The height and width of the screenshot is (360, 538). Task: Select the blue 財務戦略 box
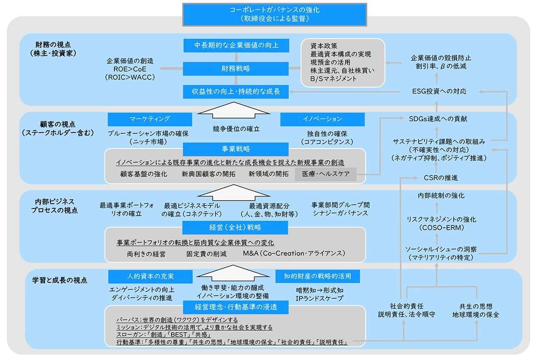pos(236,68)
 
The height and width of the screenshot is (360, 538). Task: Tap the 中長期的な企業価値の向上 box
pos(236,45)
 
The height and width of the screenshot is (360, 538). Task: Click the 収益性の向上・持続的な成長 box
pos(236,91)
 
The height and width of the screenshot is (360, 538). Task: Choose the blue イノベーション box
pos(322,119)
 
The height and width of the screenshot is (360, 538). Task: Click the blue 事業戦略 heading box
pos(236,149)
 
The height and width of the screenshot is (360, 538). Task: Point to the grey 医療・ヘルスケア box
pos(326,174)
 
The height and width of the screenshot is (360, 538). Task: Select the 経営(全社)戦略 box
pos(236,227)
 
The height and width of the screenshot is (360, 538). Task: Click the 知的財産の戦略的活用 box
pos(319,277)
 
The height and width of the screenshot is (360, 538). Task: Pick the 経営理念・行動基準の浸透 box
pos(236,306)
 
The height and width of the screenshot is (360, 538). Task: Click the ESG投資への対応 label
pos(439,91)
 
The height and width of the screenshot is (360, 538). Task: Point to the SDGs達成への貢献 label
pos(439,119)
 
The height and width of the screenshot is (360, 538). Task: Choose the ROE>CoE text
pos(130,69)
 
